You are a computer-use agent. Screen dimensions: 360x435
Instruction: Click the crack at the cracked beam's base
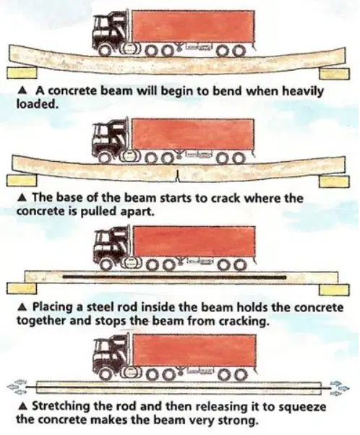[x=177, y=176]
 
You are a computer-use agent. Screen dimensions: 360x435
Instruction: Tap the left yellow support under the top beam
[x=22, y=73]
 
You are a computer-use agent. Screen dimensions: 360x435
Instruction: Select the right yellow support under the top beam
[x=334, y=74]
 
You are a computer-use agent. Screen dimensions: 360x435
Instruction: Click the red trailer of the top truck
[x=193, y=26]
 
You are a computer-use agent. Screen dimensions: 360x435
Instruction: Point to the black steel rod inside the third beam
[x=175, y=277]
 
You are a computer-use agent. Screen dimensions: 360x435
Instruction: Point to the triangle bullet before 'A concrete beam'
[x=23, y=90]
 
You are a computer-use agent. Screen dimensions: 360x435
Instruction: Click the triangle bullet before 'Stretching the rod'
[x=23, y=407]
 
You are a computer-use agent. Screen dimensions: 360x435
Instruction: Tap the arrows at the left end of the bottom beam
[x=16, y=386]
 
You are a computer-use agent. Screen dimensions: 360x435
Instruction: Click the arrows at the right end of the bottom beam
[x=339, y=387]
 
